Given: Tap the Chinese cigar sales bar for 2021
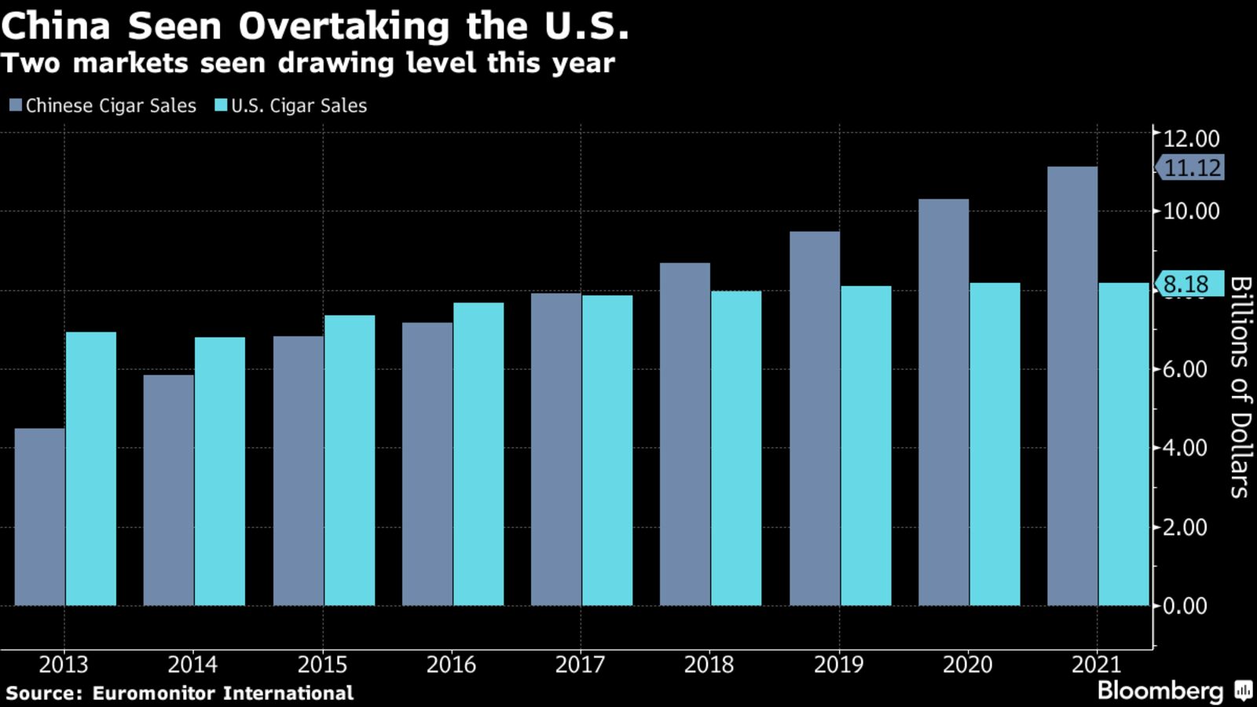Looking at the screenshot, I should point(1072,386).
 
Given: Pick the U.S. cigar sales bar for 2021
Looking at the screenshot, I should point(1123,444).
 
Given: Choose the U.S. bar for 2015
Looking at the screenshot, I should point(350,460).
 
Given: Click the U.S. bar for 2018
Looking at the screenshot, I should point(736,449).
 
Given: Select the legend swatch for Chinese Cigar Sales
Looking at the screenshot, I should point(16,105).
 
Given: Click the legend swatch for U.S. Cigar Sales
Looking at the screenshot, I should point(221,105).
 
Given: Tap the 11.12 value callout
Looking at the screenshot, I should point(1191,167).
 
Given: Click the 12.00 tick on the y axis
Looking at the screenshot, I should point(1191,138).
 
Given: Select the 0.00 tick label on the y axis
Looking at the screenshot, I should point(1185,606).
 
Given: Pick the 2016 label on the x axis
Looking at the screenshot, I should point(451,665).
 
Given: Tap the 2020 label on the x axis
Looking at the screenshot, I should point(967,665).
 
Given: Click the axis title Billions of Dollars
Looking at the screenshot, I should point(1240,386).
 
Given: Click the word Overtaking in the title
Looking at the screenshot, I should point(344,26).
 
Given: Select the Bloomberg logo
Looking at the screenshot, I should point(1160,691).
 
